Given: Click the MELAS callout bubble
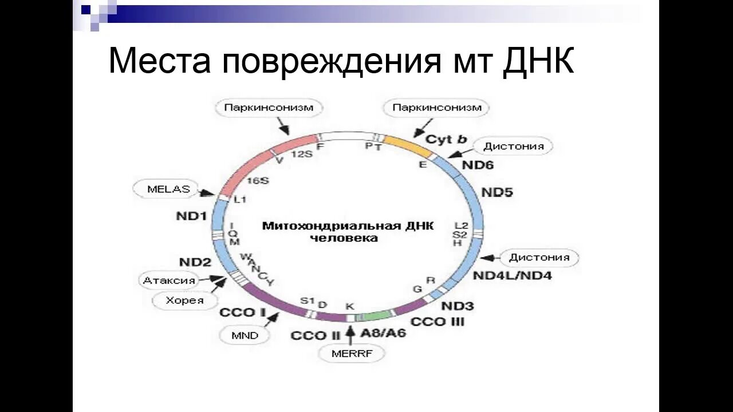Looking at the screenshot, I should [160, 189].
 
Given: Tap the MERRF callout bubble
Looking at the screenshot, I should [352, 354].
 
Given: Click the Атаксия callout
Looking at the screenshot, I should [169, 280].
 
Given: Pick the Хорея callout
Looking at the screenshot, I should [184, 300].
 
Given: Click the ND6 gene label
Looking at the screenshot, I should [477, 166].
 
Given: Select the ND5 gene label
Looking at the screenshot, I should [496, 192].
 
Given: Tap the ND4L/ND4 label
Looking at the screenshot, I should [512, 276].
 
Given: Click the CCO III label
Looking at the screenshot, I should [438, 322].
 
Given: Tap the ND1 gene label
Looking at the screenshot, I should [191, 217].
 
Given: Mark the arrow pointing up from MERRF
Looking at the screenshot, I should [350, 334].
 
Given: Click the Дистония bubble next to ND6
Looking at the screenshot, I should [513, 146].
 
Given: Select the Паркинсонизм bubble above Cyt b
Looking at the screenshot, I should [436, 108].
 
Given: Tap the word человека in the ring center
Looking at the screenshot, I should [344, 238].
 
